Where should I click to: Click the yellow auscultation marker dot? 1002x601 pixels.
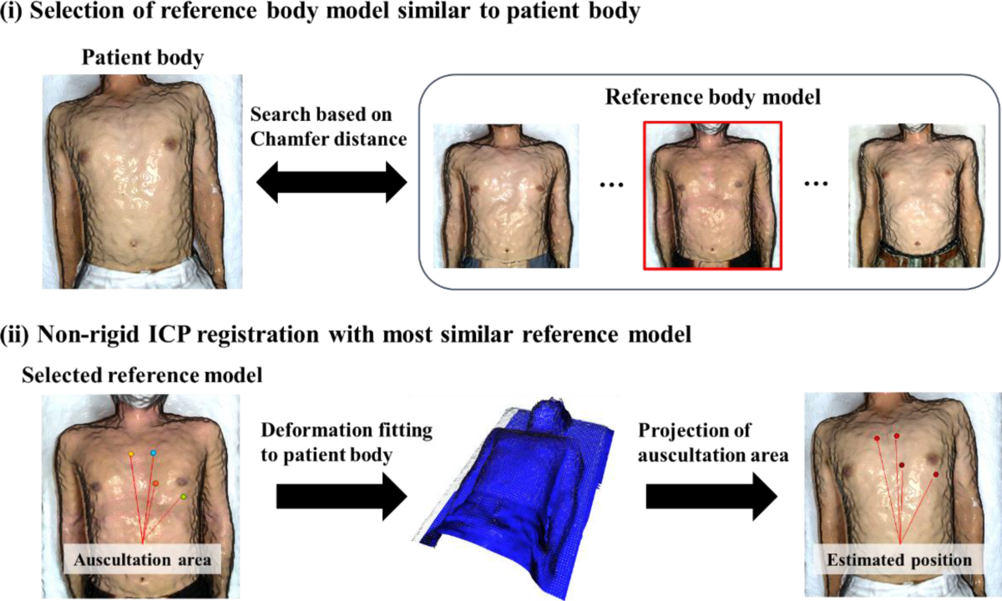pyautogui.click(x=131, y=453)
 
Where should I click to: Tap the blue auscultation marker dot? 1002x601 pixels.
pyautogui.click(x=154, y=452)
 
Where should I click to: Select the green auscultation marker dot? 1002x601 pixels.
pyautogui.click(x=184, y=497)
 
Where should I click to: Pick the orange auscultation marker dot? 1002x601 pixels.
pyautogui.click(x=155, y=483)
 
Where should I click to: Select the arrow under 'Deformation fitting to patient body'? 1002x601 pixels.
pyautogui.click(x=341, y=497)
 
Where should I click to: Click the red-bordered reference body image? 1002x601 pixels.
pyautogui.click(x=712, y=195)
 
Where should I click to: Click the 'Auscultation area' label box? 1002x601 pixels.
pyautogui.click(x=140, y=560)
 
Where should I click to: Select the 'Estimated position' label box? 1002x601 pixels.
pyautogui.click(x=899, y=560)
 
